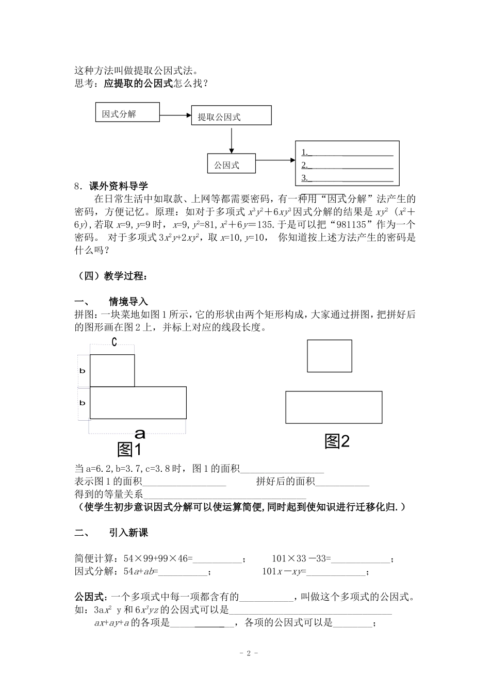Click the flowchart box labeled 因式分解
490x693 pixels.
[x=127, y=112]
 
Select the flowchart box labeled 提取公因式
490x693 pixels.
[x=231, y=115]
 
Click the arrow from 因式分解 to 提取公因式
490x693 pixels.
[x=175, y=114]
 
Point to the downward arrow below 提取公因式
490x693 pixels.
[x=232, y=139]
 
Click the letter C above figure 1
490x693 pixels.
[x=114, y=341]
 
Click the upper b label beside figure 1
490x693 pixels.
[x=83, y=371]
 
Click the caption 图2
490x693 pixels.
[x=337, y=441]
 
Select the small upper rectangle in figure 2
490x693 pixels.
[x=330, y=356]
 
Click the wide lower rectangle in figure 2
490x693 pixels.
[x=334, y=407]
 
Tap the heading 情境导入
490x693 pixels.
[x=128, y=302]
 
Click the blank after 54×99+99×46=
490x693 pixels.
[x=217, y=559]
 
